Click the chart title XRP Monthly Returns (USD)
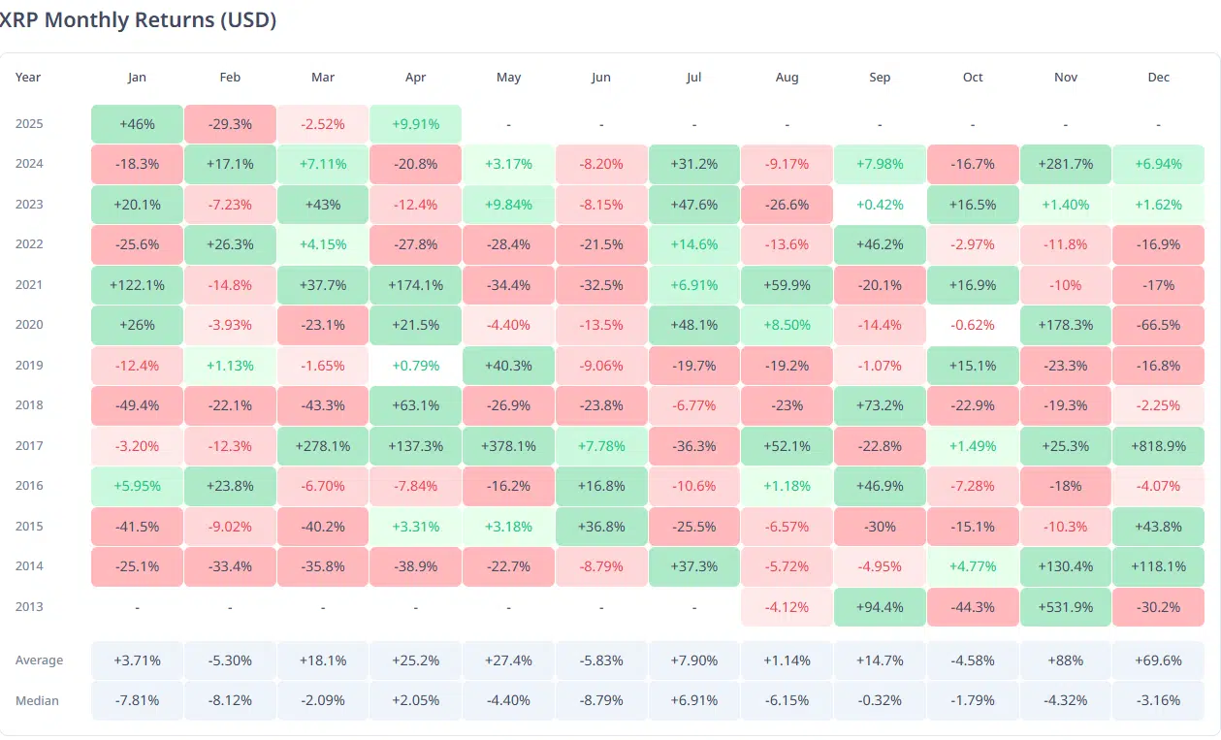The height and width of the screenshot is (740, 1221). click(138, 20)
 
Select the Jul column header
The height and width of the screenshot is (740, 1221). click(693, 78)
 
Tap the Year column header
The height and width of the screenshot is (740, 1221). click(28, 78)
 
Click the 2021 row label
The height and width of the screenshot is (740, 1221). click(29, 284)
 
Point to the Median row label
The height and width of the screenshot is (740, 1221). click(37, 701)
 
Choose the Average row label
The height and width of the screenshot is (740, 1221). click(39, 660)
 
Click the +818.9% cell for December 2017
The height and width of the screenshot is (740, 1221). click(1158, 446)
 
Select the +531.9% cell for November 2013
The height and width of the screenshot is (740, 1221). click(1066, 607)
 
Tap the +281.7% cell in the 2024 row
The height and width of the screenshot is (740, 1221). click(1066, 164)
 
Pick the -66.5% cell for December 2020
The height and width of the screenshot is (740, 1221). click(1158, 325)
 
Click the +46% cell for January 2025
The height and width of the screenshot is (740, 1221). click(137, 124)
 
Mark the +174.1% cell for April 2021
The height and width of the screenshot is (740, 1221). click(415, 285)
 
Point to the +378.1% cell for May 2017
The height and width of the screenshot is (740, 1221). click(508, 446)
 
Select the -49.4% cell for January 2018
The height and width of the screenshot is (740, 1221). click(137, 405)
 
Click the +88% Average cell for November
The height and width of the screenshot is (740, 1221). click(1066, 660)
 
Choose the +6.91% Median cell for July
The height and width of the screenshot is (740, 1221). click(693, 701)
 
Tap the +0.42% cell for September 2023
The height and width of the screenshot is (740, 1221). click(880, 205)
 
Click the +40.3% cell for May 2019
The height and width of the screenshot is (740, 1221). click(508, 366)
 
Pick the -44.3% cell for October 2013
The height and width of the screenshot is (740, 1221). click(973, 607)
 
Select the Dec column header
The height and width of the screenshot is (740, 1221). click(1158, 78)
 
